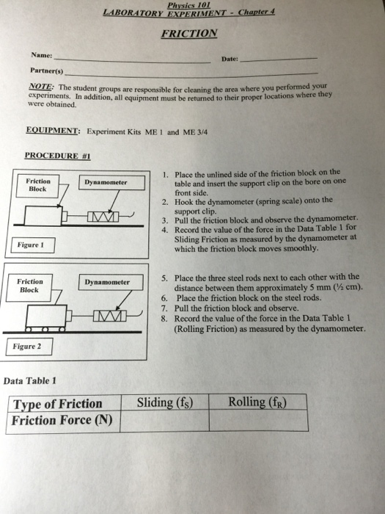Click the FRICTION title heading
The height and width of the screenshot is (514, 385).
(189, 33)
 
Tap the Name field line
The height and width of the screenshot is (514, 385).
(132, 61)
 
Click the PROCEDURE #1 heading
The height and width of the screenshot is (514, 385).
(56, 156)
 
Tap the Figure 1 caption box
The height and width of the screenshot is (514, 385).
(32, 245)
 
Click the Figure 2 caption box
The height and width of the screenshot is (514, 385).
(29, 346)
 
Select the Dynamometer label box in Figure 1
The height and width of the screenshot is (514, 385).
(105, 182)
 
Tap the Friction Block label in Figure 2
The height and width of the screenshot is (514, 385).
(31, 286)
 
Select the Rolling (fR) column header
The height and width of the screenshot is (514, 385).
(257, 402)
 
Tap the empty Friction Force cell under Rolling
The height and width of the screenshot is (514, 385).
(257, 421)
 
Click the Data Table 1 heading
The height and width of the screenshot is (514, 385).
(30, 380)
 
